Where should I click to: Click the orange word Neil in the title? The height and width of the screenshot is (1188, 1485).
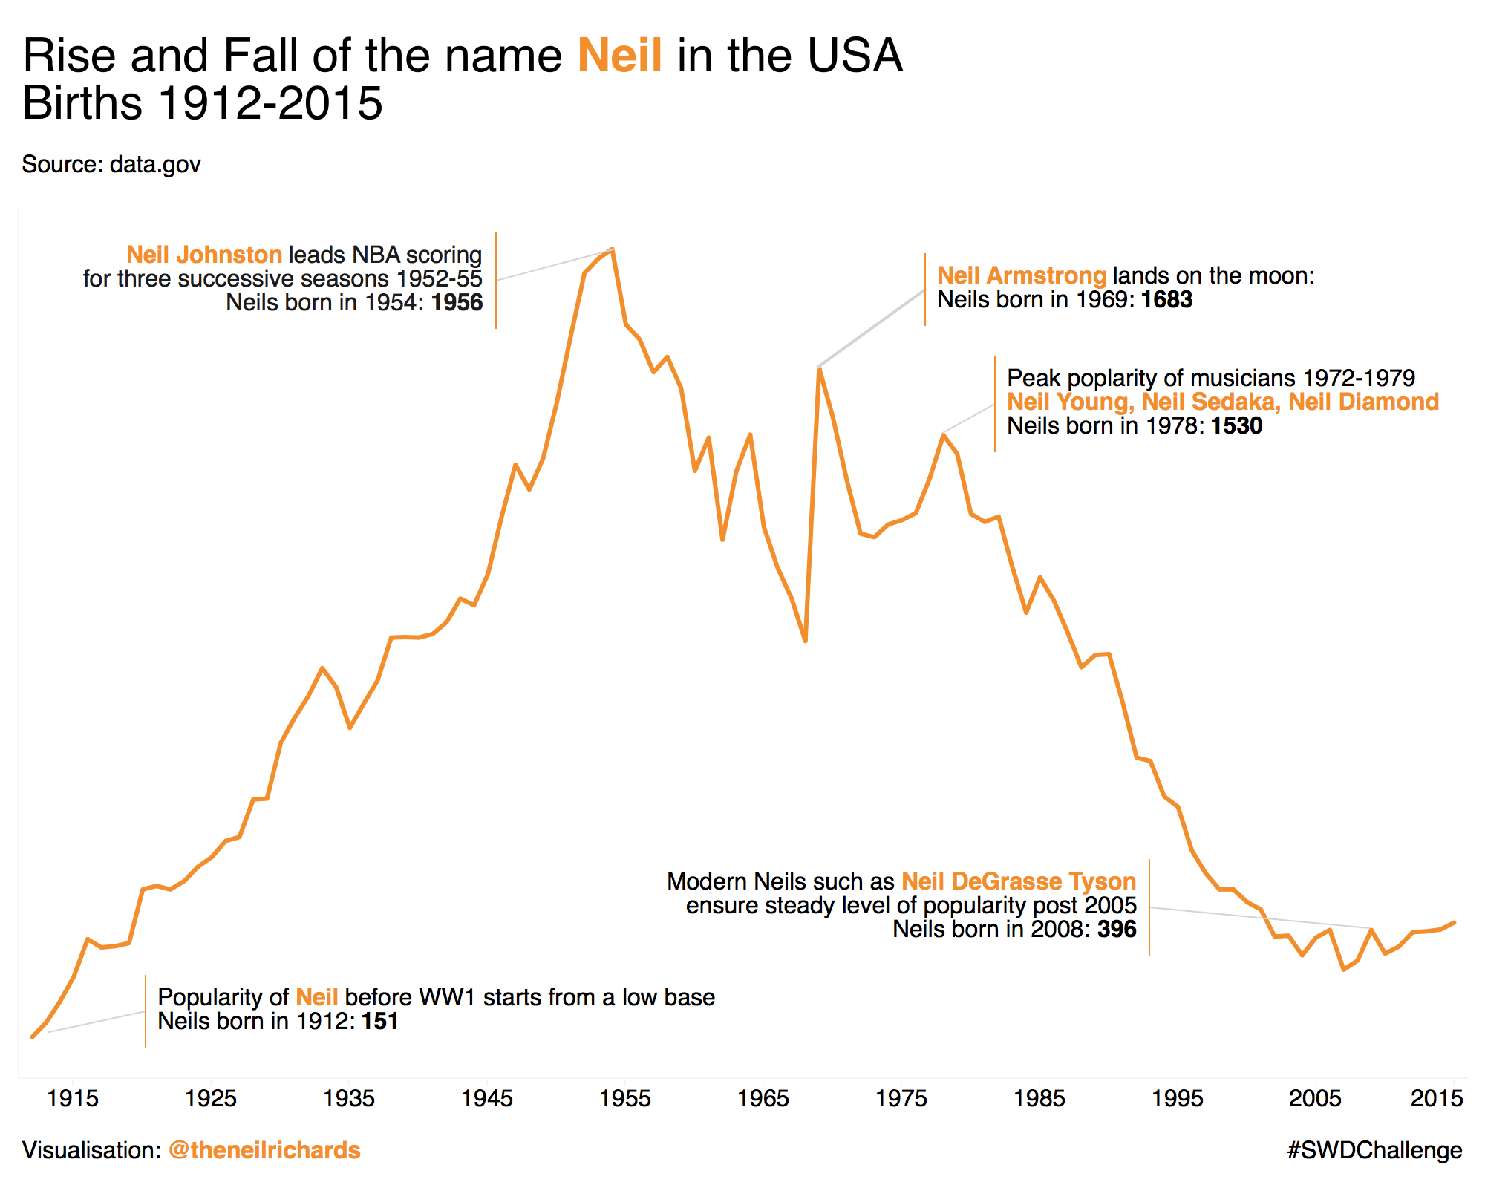[x=620, y=56]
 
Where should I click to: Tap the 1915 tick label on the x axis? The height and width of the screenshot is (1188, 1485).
[x=73, y=1098]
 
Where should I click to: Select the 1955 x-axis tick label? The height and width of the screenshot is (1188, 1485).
[x=625, y=1098]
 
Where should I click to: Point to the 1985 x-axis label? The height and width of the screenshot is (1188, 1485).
[x=1039, y=1098]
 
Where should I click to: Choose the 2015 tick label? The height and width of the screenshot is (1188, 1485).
[x=1437, y=1098]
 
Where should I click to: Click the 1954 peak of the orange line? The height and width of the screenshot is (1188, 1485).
[x=612, y=249]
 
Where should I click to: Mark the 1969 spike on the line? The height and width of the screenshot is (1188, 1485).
[x=818, y=368]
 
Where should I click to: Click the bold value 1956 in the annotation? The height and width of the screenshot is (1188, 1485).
[x=457, y=303]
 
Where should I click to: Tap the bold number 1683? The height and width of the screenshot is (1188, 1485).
[x=1166, y=300]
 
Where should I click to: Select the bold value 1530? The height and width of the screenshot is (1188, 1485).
[x=1236, y=426]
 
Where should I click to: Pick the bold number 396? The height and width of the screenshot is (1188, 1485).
[x=1117, y=930]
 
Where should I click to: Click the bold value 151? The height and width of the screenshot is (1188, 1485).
[x=380, y=1022]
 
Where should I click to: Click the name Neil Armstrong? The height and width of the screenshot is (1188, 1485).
[x=1022, y=276]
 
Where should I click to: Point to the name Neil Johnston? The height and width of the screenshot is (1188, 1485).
[x=204, y=255]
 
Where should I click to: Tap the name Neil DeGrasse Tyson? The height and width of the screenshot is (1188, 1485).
[x=1019, y=881]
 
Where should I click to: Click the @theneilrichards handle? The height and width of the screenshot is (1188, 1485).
[x=264, y=1150]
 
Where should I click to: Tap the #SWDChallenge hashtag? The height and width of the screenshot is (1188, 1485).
[x=1374, y=1150]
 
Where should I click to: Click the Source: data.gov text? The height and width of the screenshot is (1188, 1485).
[x=111, y=164]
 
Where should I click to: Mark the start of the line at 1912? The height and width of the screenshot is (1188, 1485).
[x=33, y=1037]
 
